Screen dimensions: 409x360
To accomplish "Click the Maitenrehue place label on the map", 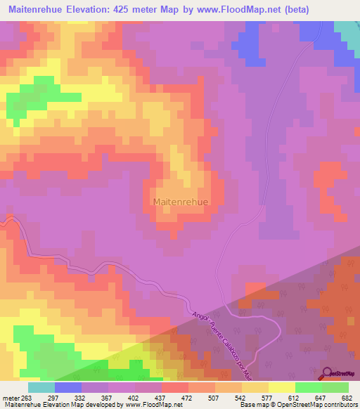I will pyautogui.click(x=180, y=202).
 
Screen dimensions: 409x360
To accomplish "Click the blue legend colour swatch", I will pyautogui.click(x=68, y=387).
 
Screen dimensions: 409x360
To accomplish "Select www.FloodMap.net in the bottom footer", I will pyautogui.click(x=153, y=405).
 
